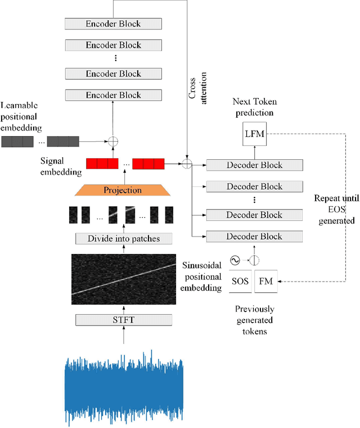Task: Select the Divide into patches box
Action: tap(123, 239)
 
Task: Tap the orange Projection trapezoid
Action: tap(123, 190)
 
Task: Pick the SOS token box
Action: tap(239, 281)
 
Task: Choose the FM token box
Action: tap(266, 281)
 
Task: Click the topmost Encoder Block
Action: tap(113, 24)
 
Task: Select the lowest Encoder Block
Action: tap(113, 95)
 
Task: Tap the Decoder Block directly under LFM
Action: tap(255, 165)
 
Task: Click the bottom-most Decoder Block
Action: tap(255, 236)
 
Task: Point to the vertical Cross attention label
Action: tap(197, 86)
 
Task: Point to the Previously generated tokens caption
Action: tap(255, 320)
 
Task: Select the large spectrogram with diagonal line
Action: tap(123, 279)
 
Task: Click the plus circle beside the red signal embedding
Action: tap(187, 164)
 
